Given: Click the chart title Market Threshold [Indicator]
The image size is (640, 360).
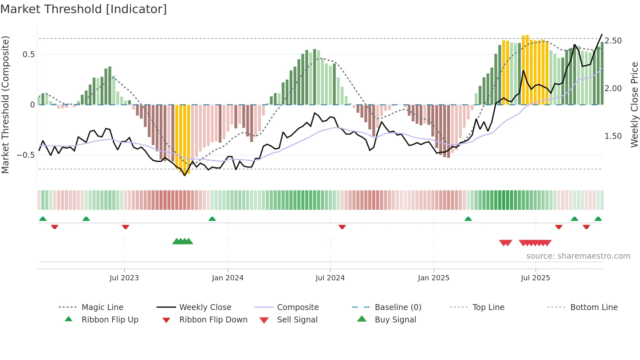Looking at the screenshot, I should (x=84, y=9).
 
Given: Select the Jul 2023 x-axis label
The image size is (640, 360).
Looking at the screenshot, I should (x=124, y=278).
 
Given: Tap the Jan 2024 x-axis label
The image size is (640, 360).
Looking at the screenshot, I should (x=228, y=278).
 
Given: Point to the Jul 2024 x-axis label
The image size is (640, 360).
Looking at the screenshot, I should (x=330, y=278).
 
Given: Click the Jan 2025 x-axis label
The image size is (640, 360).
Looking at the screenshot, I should (x=434, y=278).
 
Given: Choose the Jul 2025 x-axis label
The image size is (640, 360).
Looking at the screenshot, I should (x=536, y=278).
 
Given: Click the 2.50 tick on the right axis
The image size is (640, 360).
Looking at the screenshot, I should (x=613, y=41).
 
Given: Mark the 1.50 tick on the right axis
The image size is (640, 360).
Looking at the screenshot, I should (x=613, y=136).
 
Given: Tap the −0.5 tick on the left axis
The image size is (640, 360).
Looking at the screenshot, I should (x=25, y=155).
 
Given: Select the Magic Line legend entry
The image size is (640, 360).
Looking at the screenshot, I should (x=102, y=307).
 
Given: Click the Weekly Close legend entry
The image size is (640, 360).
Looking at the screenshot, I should (x=205, y=307).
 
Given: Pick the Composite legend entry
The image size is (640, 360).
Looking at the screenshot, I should (x=298, y=307).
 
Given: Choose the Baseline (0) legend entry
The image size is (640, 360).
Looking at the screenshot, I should (x=398, y=307).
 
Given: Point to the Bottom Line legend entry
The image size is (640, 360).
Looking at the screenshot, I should (x=594, y=307).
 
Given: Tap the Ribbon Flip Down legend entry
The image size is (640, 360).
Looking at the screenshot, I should (x=213, y=320).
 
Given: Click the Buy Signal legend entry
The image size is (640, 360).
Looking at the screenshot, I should (x=395, y=320).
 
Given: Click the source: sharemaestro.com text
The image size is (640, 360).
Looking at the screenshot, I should (x=578, y=256).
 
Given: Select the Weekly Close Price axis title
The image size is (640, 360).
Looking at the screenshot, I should (x=634, y=105).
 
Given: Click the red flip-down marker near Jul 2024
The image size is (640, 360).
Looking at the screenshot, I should (x=342, y=227).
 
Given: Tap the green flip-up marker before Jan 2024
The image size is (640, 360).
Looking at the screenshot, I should (x=212, y=219).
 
